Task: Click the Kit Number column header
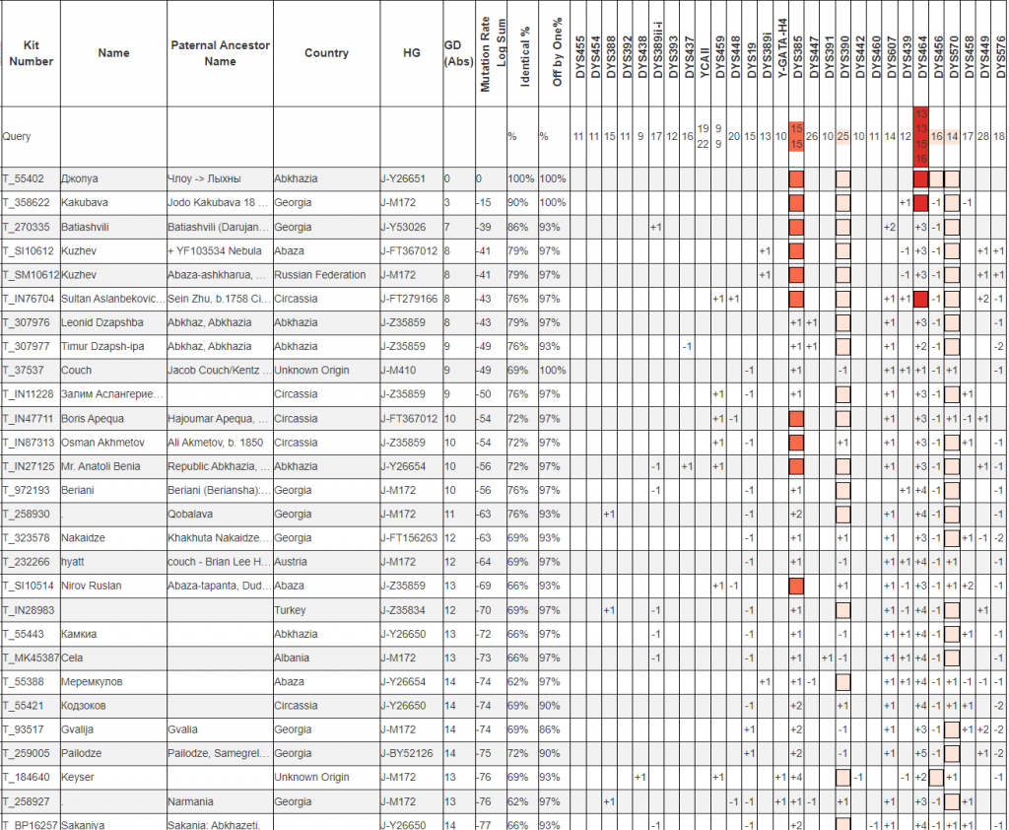pyautogui.click(x=30, y=53)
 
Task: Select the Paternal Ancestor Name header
pyautogui.click(x=220, y=53)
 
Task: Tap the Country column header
pyautogui.click(x=326, y=53)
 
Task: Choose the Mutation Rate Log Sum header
pyautogui.click(x=485, y=53)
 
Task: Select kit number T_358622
pyautogui.click(x=28, y=203)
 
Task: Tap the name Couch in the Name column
pyautogui.click(x=76, y=371)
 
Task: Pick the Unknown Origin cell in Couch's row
pyautogui.click(x=310, y=371)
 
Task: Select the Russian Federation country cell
pyautogui.click(x=320, y=275)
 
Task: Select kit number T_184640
pyautogui.click(x=28, y=778)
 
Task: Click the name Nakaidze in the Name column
pyautogui.click(x=85, y=538)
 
